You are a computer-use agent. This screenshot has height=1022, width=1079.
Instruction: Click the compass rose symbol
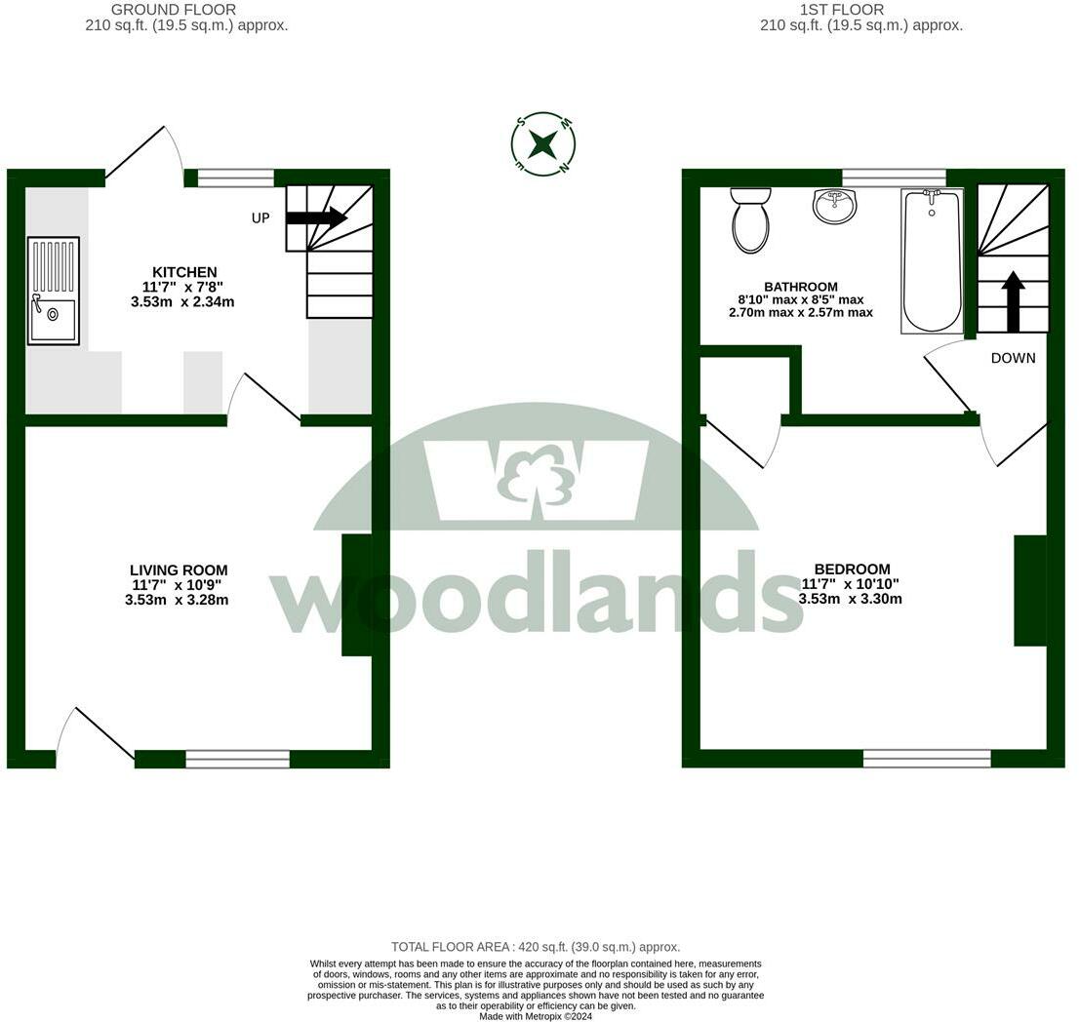tap(542, 144)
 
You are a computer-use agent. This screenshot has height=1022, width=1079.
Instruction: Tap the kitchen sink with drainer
tap(53, 291)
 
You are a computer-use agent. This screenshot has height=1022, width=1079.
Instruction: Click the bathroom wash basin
tap(834, 206)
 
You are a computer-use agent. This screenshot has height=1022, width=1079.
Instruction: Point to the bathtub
tap(932, 261)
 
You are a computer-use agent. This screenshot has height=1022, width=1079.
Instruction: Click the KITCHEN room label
tap(184, 272)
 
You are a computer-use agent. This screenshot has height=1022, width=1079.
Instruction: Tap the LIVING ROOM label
tap(179, 570)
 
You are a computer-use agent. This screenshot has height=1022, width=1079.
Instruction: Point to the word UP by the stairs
tap(260, 218)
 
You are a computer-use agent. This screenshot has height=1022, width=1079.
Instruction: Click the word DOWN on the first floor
tap(1013, 358)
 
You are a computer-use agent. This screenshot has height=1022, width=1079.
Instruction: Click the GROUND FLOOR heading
tap(174, 10)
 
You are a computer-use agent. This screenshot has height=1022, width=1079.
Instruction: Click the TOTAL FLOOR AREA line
tap(536, 947)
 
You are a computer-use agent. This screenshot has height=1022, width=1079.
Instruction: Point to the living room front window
tap(238, 759)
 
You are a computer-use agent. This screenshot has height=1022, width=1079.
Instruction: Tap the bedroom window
tap(927, 758)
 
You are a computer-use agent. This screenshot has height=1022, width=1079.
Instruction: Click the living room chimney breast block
tap(356, 595)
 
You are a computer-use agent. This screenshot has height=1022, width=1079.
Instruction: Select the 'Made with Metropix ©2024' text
tap(536, 1016)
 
